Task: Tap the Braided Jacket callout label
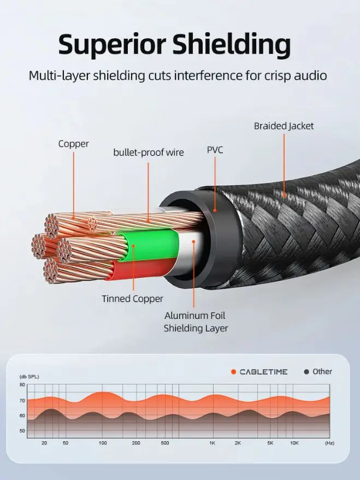tap(284, 126)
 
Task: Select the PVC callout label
tap(215, 150)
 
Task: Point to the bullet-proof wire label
tap(148, 152)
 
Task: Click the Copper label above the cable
tap(73, 144)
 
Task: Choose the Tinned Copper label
tap(132, 299)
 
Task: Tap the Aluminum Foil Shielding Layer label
tap(195, 322)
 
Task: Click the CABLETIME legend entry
tap(261, 372)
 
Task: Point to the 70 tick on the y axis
tap(22, 400)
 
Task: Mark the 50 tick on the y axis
tap(22, 431)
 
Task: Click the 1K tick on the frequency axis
tap(212, 443)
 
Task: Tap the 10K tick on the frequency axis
tap(294, 443)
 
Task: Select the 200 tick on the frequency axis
tap(136, 443)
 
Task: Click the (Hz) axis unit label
tap(329, 443)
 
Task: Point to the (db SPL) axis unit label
tap(29, 377)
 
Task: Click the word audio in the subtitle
tap(309, 75)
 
